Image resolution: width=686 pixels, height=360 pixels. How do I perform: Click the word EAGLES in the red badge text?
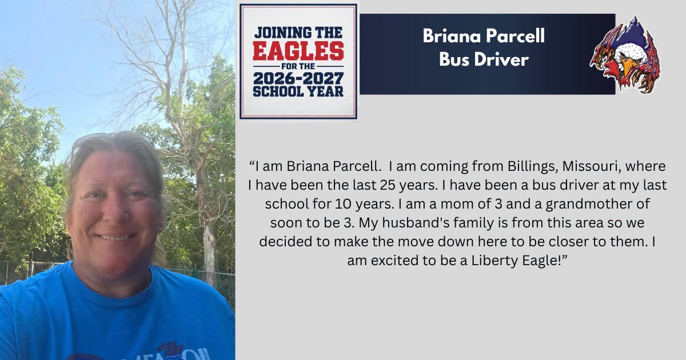(x=298, y=51)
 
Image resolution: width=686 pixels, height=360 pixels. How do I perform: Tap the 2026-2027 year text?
(x=298, y=79)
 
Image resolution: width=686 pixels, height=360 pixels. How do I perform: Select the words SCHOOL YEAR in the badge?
(x=298, y=91)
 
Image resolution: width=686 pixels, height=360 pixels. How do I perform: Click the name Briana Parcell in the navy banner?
(x=484, y=36)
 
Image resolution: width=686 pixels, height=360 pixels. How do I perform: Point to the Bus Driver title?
(x=484, y=59)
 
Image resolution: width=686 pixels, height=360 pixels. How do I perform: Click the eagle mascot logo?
(x=625, y=54)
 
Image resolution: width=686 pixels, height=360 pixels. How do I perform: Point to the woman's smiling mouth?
(x=115, y=237)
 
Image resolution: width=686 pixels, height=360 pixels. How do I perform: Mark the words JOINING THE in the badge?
(x=298, y=33)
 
